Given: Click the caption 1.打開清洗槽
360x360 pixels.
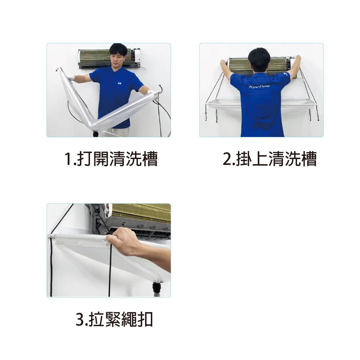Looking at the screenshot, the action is (x=111, y=159).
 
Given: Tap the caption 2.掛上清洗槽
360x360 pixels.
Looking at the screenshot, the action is (x=270, y=159).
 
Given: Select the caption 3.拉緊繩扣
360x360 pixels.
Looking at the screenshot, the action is (x=114, y=319).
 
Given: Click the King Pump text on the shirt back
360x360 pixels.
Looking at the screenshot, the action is (x=259, y=86).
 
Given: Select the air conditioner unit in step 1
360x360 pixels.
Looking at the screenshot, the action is (x=109, y=59).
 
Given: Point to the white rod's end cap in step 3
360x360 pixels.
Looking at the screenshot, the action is (x=50, y=236).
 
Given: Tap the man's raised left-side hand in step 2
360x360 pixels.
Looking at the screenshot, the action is (x=223, y=62).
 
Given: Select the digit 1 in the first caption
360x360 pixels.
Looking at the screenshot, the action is (x=68, y=159).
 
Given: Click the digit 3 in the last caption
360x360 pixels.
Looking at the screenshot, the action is (x=80, y=319).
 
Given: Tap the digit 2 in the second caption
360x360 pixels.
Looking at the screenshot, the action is (x=227, y=159).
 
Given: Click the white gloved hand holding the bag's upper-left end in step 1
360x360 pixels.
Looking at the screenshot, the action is (x=70, y=77).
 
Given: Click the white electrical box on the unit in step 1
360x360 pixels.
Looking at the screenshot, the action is (x=137, y=55).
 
